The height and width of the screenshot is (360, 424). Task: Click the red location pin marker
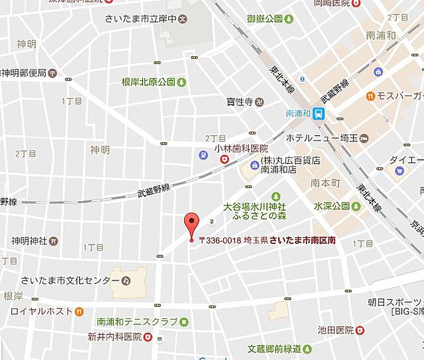pyautogui.click(x=191, y=224)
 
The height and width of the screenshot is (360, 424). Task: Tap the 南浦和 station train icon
pyautogui.click(x=319, y=113)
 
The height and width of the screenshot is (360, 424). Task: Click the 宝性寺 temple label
pyautogui.click(x=239, y=102)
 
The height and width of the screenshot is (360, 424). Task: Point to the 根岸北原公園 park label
pyautogui.click(x=148, y=82)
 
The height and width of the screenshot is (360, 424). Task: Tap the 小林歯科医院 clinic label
pyautogui.click(x=241, y=149)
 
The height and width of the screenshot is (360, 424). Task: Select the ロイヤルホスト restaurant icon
pyautogui.click(x=79, y=310)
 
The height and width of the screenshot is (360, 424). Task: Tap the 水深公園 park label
pyautogui.click(x=332, y=206)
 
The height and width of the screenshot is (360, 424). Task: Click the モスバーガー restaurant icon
pyautogui.click(x=370, y=96)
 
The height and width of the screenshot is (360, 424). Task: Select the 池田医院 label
pyautogui.click(x=335, y=330)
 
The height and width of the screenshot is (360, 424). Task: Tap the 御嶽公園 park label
pyautogui.click(x=265, y=19)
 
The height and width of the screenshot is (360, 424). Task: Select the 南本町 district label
pyautogui.click(x=325, y=181)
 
